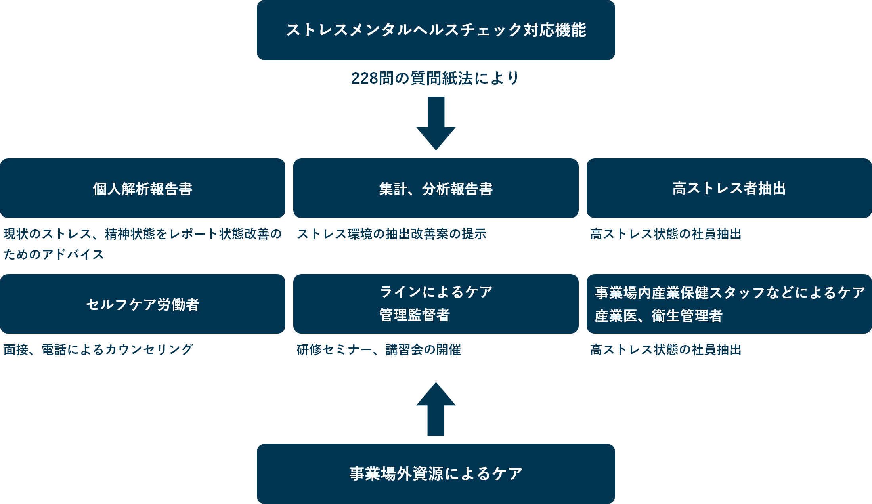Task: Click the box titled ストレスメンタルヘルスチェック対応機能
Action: tap(436, 30)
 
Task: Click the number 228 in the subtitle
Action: tap(364, 78)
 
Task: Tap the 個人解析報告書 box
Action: tap(143, 188)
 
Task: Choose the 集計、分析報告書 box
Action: tap(436, 188)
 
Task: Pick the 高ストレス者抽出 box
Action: tap(729, 188)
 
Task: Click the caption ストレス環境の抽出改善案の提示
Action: tap(392, 234)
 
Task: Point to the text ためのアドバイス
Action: tap(54, 254)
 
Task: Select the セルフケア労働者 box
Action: tap(143, 304)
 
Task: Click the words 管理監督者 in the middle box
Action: tap(415, 315)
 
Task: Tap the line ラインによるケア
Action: tap(436, 292)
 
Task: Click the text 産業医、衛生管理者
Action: tap(658, 316)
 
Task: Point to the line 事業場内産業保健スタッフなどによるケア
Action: tap(729, 293)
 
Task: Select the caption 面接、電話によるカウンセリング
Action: tap(98, 349)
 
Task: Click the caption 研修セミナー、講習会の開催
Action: tap(379, 349)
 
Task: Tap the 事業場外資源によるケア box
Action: tap(436, 473)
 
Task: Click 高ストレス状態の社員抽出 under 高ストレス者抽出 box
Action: tap(665, 234)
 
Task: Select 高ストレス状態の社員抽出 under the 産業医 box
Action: tap(665, 349)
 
